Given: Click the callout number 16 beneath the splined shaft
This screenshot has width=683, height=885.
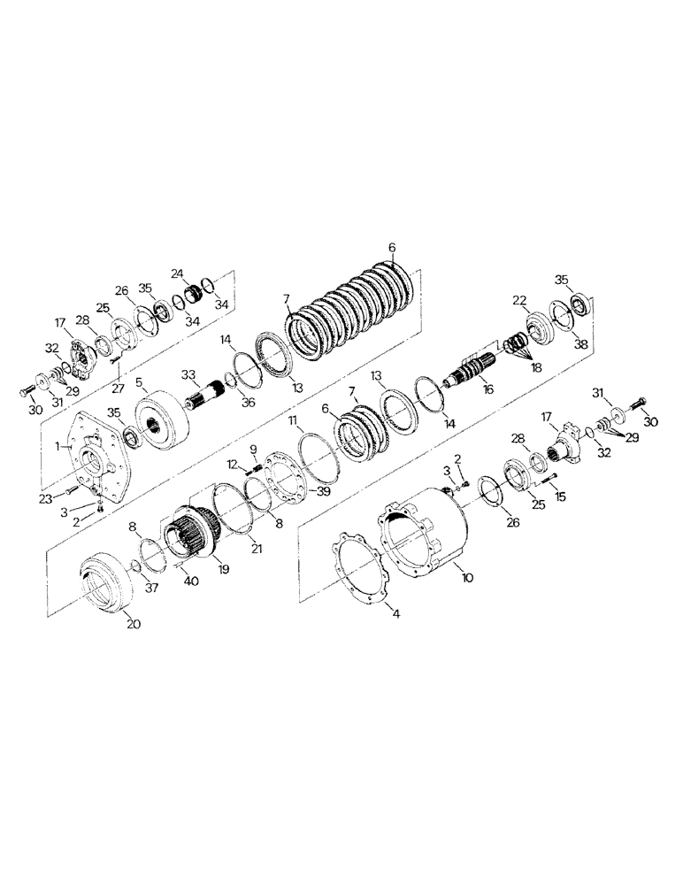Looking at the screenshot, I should pyautogui.click(x=488, y=389).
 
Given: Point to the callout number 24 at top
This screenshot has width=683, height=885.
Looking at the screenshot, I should pyautogui.click(x=177, y=273).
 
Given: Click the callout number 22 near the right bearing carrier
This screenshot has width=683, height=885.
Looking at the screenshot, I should pyautogui.click(x=519, y=301).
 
